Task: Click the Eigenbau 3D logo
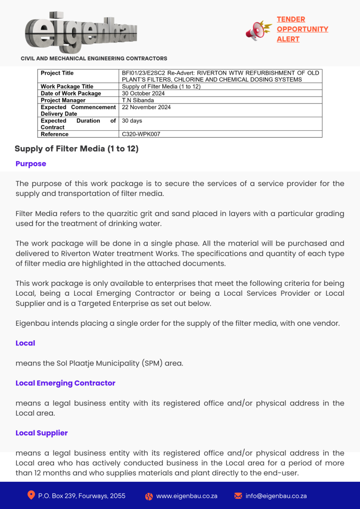click(x=81, y=32)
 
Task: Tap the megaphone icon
click(x=258, y=30)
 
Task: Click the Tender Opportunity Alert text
click(x=302, y=29)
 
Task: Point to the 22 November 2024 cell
click(x=146, y=107)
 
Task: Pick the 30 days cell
click(x=132, y=121)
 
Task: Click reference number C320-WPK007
click(x=141, y=134)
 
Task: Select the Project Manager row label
click(x=63, y=100)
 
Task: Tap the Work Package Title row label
click(x=67, y=87)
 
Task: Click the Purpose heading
click(x=31, y=164)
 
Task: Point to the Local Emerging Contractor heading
click(x=65, y=383)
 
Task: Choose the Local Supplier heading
click(x=42, y=433)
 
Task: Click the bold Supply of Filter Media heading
click(x=76, y=149)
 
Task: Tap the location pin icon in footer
click(x=31, y=495)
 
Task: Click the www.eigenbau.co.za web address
click(x=187, y=496)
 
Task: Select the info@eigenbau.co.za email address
click(x=276, y=496)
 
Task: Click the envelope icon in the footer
click(x=238, y=496)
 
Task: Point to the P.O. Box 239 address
click(x=82, y=496)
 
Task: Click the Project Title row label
click(x=57, y=73)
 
